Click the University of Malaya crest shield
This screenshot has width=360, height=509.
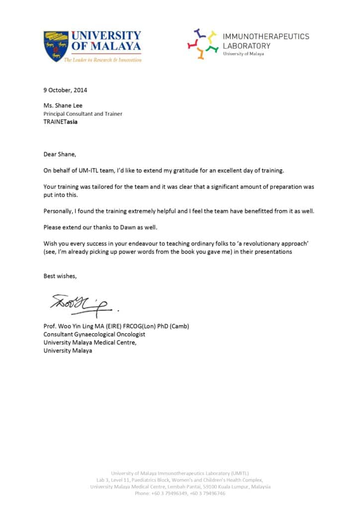point(56,46)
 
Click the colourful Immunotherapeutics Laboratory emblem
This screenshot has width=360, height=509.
point(202,44)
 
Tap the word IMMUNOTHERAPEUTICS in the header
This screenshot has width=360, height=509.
point(266,36)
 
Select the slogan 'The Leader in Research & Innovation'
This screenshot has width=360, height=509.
point(102,60)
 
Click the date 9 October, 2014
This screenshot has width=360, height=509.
point(65,90)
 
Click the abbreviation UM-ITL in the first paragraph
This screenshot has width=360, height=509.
point(91,170)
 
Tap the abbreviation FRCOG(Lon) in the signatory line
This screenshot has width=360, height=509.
point(137,326)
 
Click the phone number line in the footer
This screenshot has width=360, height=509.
point(180,494)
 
